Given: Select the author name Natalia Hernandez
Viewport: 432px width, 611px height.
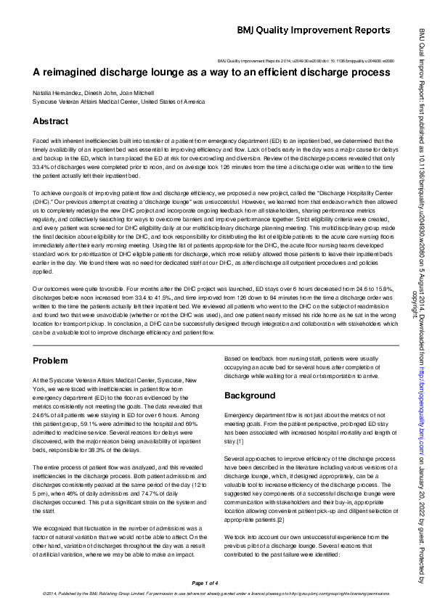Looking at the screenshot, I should tap(57, 94).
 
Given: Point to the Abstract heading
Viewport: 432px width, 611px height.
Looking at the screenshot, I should tap(51, 122).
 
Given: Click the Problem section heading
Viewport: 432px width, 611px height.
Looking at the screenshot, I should tap(52, 361).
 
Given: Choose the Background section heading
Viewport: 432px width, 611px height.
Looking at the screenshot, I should tap(250, 396).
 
